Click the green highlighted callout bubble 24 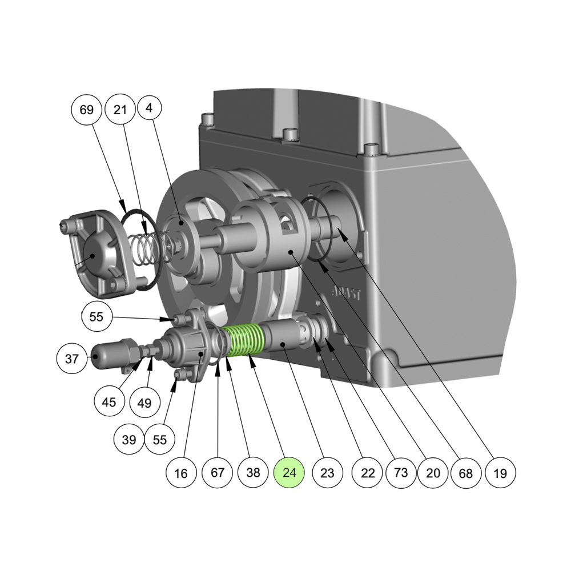pyautogui.click(x=289, y=472)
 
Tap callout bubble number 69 pyautogui.click(x=86, y=110)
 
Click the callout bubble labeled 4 pyautogui.click(x=148, y=108)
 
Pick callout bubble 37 pyautogui.click(x=72, y=359)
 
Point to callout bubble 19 pyautogui.click(x=500, y=473)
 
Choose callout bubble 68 pyautogui.click(x=466, y=473)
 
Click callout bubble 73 pyautogui.click(x=401, y=472)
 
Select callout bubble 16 pyautogui.click(x=181, y=473)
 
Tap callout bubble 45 pyautogui.click(x=109, y=402)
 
